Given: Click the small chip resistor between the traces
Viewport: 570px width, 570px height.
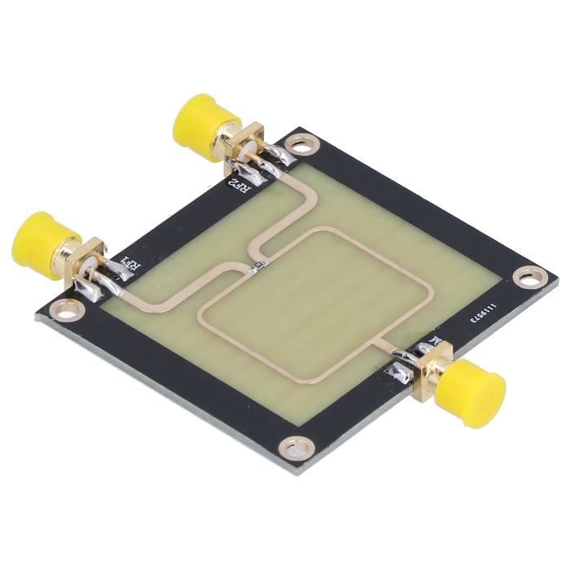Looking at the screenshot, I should coord(259,266).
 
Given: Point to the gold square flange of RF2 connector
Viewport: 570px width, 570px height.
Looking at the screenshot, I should coord(243,147).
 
